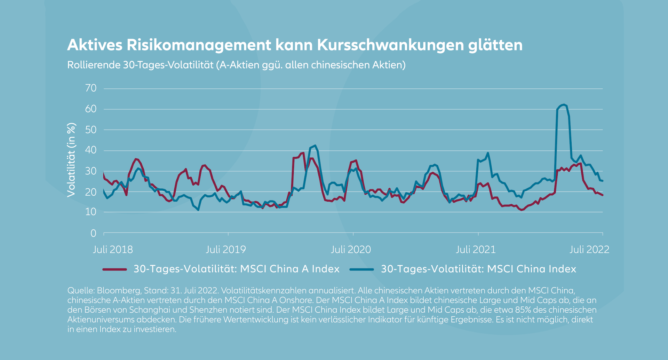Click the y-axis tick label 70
91,88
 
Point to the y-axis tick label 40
91,150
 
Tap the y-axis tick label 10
91,212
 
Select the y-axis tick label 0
93,233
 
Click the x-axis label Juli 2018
113,250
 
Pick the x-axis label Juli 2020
351,250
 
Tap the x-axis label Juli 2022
589,250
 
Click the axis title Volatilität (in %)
71,160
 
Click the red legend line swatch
114,269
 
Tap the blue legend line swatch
362,269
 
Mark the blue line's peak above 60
564,104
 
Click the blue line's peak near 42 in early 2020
315,146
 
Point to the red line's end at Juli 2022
603,195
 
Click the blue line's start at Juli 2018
104,190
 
